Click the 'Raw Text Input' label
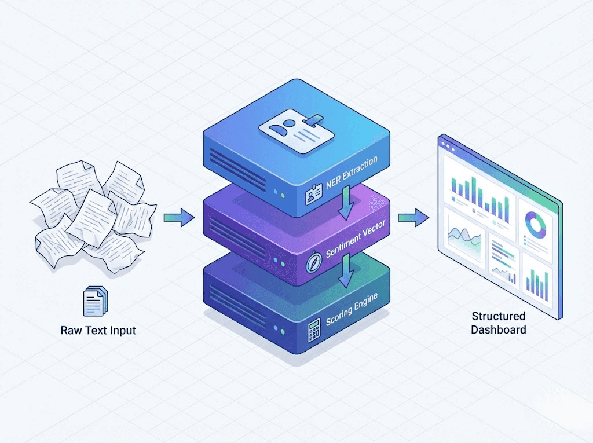click(98, 331)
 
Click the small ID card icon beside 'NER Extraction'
click(313, 197)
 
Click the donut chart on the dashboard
click(536, 224)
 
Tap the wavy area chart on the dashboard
click(464, 237)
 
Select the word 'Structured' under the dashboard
click(498, 317)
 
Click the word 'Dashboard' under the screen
click(498, 329)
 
